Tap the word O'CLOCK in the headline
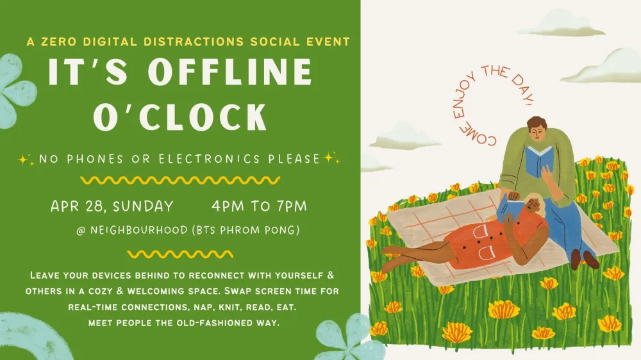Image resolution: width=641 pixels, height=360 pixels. (x=180, y=117)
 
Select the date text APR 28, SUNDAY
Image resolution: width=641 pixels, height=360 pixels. (x=112, y=206)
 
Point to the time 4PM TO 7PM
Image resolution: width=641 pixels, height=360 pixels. (x=259, y=206)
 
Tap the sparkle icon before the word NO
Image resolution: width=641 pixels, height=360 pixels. (x=27, y=158)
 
